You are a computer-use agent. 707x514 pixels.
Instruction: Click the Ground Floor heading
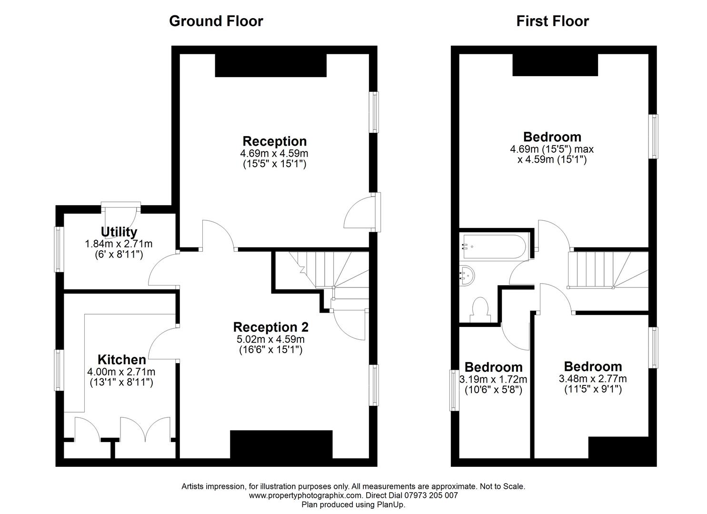point(216,21)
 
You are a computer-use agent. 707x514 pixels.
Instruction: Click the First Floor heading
point(552,21)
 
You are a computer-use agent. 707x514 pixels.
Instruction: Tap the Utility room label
point(119,232)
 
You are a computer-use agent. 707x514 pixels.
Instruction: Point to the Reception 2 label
point(270,327)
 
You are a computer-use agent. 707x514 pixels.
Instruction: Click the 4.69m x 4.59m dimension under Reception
point(274,153)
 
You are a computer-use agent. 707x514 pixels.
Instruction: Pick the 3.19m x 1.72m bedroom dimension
point(493,379)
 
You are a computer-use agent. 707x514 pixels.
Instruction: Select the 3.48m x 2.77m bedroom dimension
point(593,379)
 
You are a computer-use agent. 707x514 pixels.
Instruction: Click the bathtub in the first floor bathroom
point(493,247)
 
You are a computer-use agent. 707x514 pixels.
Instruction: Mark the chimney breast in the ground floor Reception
point(270,65)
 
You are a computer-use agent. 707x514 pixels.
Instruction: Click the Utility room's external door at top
point(121,206)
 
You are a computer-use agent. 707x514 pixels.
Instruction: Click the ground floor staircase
point(329,271)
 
